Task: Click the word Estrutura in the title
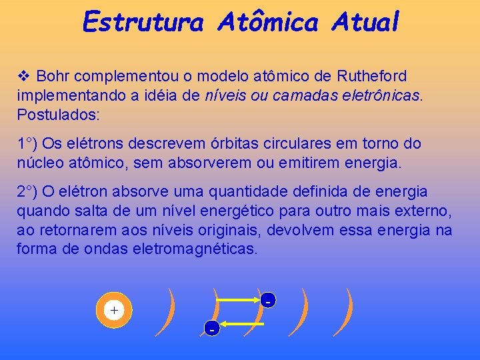point(142,22)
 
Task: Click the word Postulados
point(57,115)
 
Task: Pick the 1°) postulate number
point(29,144)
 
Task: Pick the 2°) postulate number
point(29,192)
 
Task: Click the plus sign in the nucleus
point(114,311)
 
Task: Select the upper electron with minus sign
point(267,301)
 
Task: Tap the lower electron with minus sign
point(211,327)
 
